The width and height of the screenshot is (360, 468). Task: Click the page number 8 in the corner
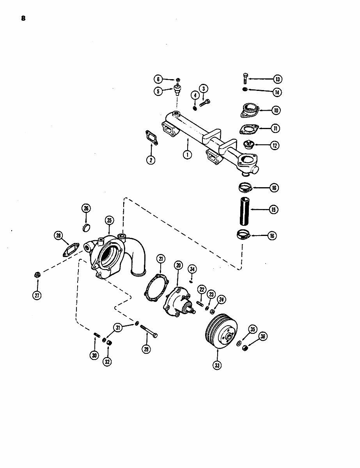point(23,18)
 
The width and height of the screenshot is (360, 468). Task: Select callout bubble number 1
point(188,155)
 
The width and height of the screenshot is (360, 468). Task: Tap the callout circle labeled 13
point(277,79)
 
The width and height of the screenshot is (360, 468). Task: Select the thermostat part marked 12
point(248,145)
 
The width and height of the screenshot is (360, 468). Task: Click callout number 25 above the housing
point(109,220)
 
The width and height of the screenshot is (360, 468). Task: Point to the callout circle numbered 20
point(178,266)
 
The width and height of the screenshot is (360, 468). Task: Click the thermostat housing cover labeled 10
point(248,110)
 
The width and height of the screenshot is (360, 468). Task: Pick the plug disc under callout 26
point(87,227)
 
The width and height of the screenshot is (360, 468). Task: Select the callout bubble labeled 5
point(158,91)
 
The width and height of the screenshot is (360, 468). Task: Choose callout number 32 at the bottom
point(107,362)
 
